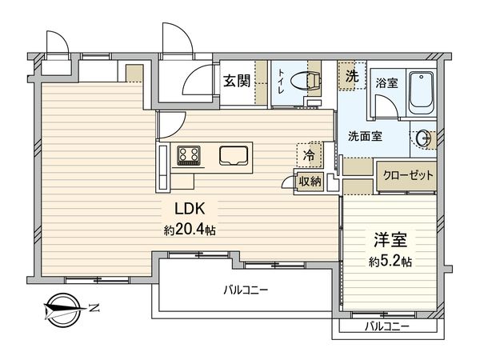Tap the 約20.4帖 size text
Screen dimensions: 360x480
[x=189, y=229]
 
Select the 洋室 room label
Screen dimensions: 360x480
[x=388, y=238]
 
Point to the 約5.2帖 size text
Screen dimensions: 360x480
[x=390, y=261]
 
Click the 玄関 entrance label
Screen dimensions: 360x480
[x=236, y=80]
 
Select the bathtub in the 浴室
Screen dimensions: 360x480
[x=419, y=94]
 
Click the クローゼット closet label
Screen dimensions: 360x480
[x=406, y=175]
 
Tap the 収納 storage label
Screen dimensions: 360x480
[x=310, y=182]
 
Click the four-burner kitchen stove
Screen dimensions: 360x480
[x=190, y=154]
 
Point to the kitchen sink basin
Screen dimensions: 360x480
[x=233, y=154]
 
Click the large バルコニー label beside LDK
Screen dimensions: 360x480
[x=246, y=290]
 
